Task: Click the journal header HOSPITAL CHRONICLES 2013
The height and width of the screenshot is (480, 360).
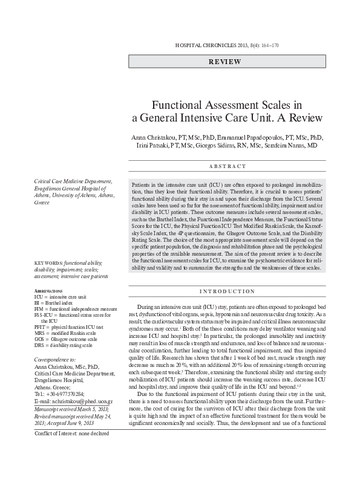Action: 211,46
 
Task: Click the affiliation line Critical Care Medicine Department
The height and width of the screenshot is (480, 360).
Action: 73,181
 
